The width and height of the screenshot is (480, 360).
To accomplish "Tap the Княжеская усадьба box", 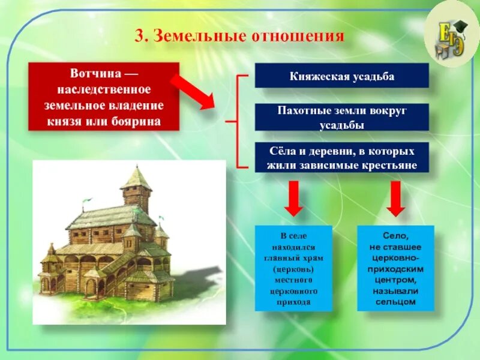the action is pyautogui.click(x=341, y=76).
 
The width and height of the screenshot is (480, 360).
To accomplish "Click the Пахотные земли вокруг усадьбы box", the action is pyautogui.click(x=341, y=117).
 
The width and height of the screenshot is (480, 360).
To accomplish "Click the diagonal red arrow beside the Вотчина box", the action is pyautogui.click(x=193, y=91).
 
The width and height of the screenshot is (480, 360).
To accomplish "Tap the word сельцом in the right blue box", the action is pyautogui.click(x=395, y=302).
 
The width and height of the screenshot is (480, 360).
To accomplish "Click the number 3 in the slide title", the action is pyautogui.click(x=139, y=37).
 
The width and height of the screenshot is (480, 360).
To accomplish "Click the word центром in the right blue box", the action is pyautogui.click(x=395, y=280).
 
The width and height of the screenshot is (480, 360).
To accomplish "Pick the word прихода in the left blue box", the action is pyautogui.click(x=293, y=302).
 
